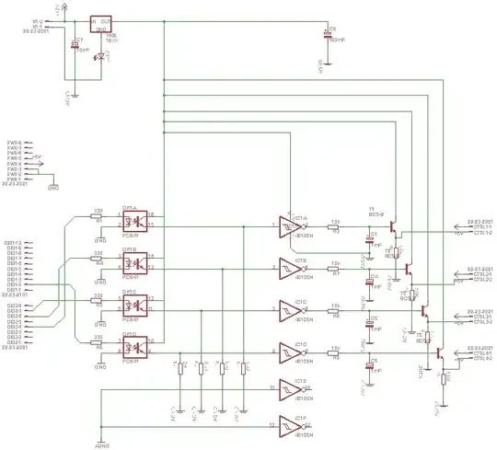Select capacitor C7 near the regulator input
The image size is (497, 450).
(75, 46)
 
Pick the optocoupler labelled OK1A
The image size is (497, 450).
(131, 222)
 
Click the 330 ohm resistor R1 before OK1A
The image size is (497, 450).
(97, 217)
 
